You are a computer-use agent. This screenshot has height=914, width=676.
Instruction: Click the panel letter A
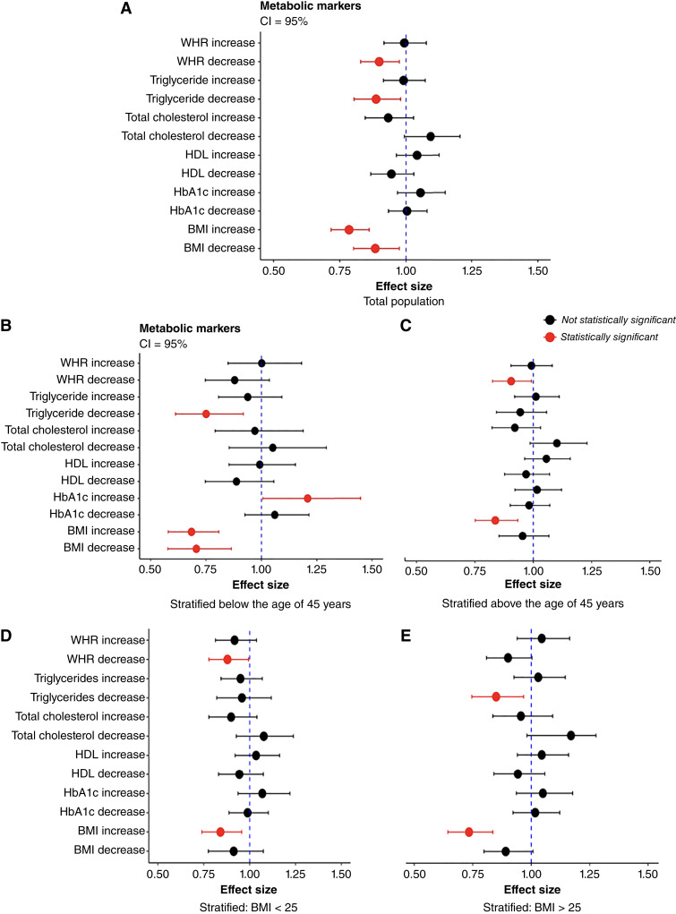[127, 9]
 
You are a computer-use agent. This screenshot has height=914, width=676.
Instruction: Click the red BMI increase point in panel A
[349, 230]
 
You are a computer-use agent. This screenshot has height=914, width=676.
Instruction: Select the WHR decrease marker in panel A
[379, 62]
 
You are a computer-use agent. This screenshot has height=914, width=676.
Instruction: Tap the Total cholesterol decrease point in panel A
[431, 136]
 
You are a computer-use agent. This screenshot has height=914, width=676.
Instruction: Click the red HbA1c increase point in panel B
[307, 497]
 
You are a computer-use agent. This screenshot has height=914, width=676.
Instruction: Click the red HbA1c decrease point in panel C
[495, 520]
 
